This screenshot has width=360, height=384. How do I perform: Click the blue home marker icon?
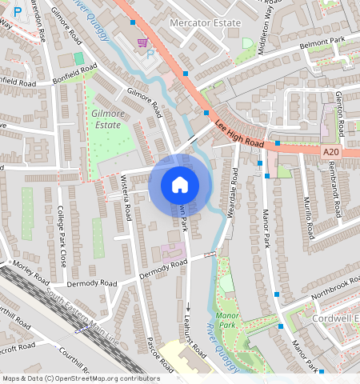coord(180,185)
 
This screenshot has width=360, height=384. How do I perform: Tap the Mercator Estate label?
coord(205,23)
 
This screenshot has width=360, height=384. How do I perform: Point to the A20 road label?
coord(332,151)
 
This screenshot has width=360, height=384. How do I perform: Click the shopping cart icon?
coord(142,42)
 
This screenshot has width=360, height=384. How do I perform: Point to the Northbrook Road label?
coord(325,290)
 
